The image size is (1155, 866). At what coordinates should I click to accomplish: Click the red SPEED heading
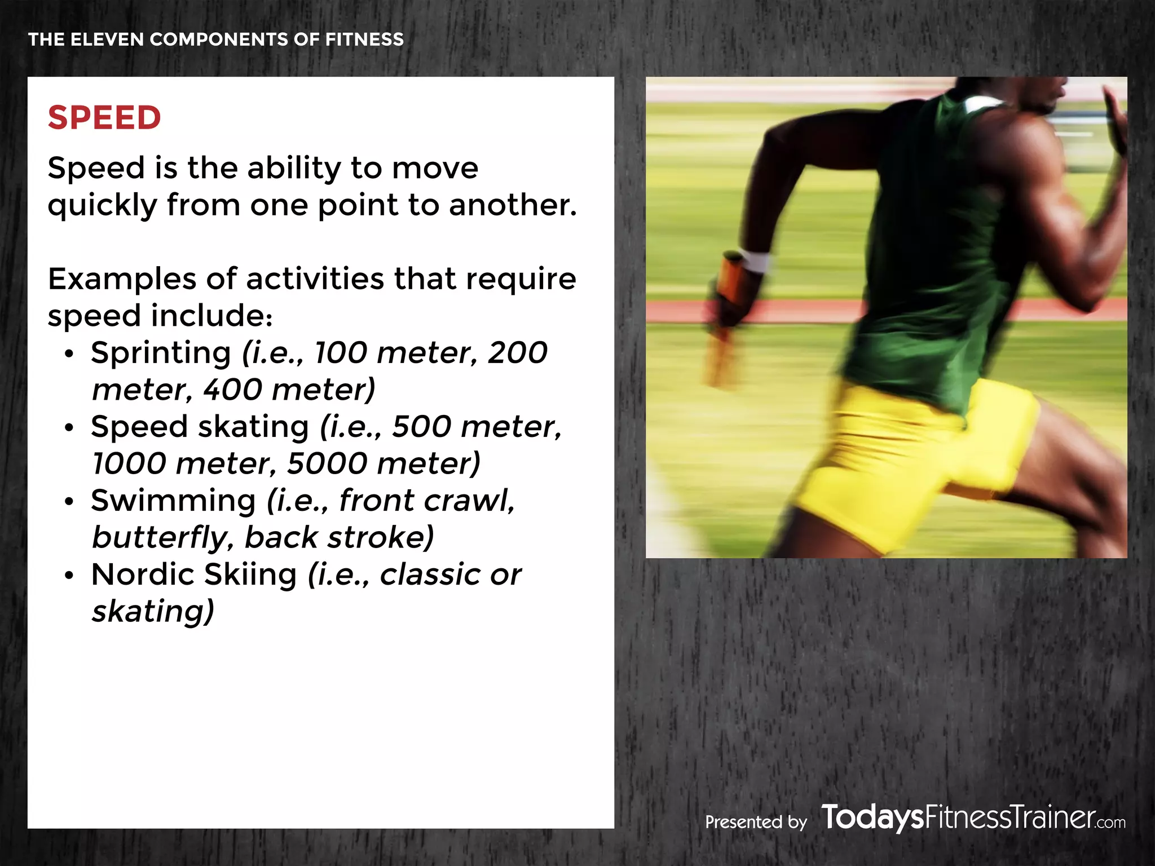click(x=104, y=118)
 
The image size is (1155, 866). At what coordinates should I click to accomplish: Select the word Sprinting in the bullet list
click(x=161, y=354)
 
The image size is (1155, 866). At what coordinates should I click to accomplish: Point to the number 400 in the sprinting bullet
click(x=232, y=390)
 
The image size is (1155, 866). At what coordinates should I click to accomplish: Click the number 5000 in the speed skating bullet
click(x=327, y=463)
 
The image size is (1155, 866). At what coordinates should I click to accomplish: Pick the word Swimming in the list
click(x=173, y=501)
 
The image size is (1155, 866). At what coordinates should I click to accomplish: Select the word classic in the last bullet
click(x=430, y=575)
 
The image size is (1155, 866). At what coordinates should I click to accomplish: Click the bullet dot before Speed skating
click(x=69, y=428)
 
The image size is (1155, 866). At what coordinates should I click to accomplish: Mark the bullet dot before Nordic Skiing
click(x=69, y=576)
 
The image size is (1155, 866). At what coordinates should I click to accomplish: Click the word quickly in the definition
click(x=102, y=205)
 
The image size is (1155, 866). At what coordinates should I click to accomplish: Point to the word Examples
click(x=122, y=279)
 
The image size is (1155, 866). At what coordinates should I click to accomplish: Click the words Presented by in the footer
click(x=756, y=822)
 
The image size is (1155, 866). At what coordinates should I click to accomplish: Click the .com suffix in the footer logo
click(x=1111, y=823)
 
